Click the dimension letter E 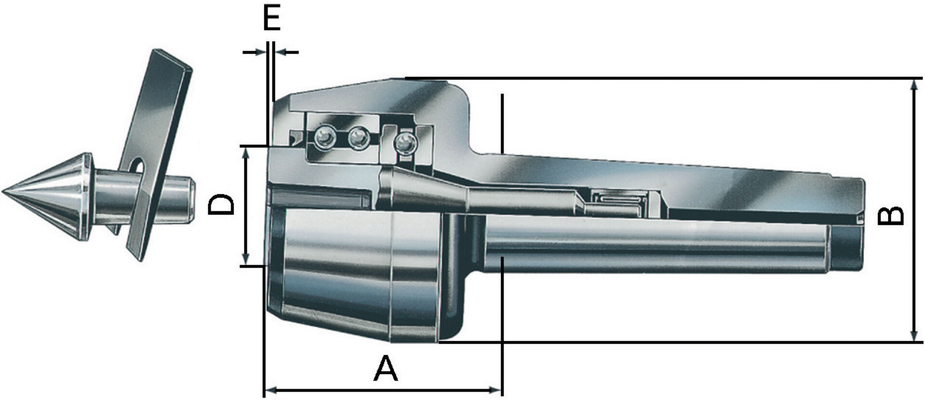coord(272,18)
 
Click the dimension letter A coord(385,369)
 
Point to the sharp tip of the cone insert coord(4,192)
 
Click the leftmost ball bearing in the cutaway coord(325,138)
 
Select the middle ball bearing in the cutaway coord(358,138)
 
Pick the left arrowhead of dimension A coord(271,389)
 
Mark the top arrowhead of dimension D coord(246,152)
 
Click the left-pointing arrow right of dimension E coord(281,52)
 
